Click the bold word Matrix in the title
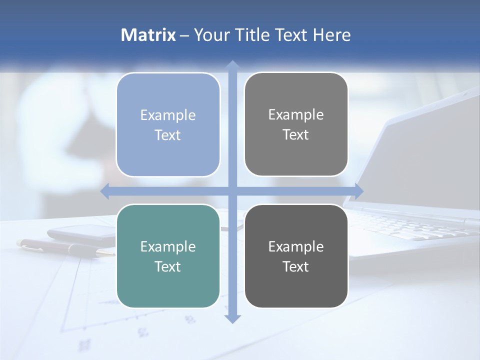pyautogui.click(x=148, y=35)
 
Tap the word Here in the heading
pyautogui.click(x=331, y=35)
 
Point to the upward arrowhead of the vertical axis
pyautogui.click(x=232, y=65)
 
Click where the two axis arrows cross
pyautogui.click(x=232, y=191)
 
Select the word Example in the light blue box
pyautogui.click(x=168, y=115)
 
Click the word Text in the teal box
pyautogui.click(x=168, y=266)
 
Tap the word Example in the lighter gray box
pyautogui.click(x=296, y=115)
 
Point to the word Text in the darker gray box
pyautogui.click(x=296, y=266)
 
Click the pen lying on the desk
pyautogui.click(x=65, y=247)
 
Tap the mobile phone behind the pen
pyautogui.click(x=82, y=232)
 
